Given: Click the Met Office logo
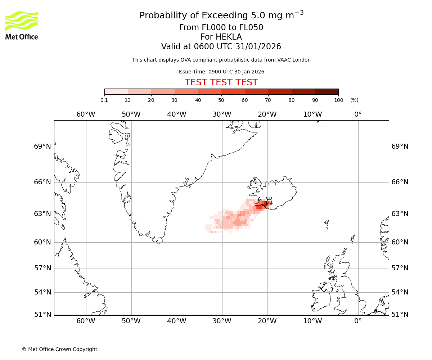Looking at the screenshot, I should coord(22,25).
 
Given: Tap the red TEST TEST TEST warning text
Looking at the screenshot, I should coord(221,82).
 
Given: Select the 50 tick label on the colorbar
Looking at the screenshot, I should coord(221,100).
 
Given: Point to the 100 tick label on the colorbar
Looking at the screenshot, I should coord(338,100).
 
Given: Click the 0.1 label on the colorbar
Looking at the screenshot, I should coord(104,100).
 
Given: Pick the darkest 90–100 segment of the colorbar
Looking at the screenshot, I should coord(327,91).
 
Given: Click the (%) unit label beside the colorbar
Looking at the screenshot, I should coord(354,100).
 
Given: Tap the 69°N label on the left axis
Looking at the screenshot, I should coord(42,147).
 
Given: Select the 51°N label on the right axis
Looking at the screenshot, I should coord(400,315).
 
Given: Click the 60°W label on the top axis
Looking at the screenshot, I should coord(86,114).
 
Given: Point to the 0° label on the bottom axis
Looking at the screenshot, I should coord(358,321).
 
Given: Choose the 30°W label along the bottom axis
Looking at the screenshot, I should coord(222,321).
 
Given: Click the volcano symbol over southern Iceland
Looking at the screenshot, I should coord(269,202).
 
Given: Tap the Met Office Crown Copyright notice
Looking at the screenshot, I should coord(59,349).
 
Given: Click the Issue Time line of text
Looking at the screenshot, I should coord(221,72).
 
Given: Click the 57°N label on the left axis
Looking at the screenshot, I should coord(42,268).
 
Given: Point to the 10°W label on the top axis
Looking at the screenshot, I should coord(312,114).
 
